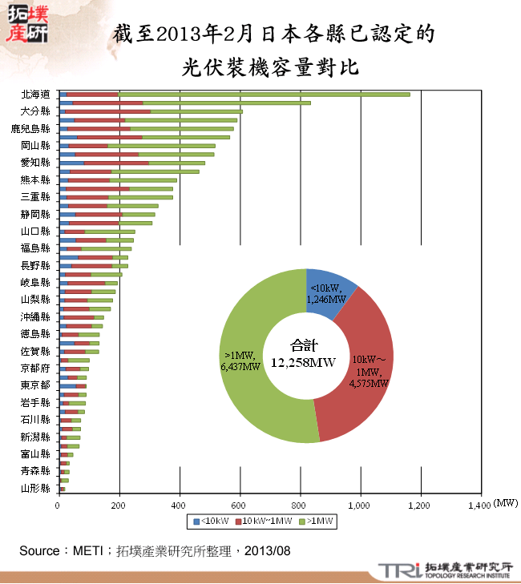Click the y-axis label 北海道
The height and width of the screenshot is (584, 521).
point(36,94)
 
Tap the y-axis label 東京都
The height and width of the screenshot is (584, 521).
point(36,385)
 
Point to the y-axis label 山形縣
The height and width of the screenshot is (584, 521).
point(36,488)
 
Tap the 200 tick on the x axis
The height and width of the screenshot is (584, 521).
point(119,505)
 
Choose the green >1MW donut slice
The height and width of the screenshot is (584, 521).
point(248,360)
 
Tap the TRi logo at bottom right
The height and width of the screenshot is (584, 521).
point(394,570)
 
